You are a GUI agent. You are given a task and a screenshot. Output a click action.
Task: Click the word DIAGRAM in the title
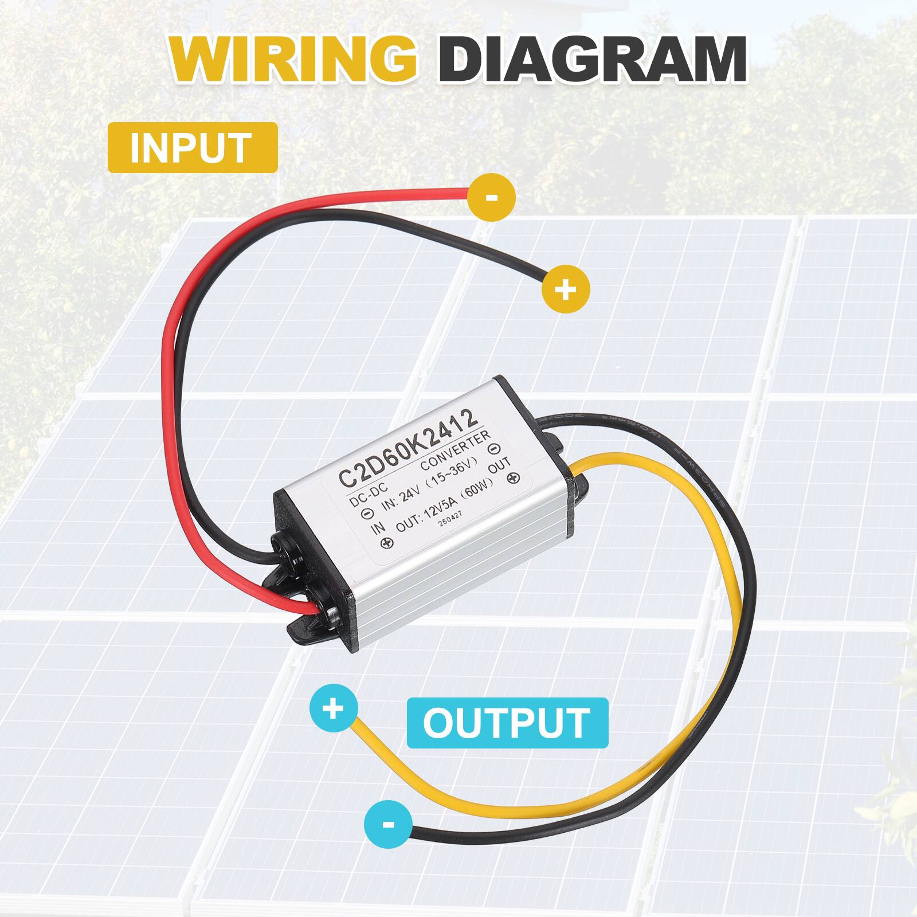(x=596, y=60)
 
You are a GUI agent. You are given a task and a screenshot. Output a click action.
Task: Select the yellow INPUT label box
(x=193, y=148)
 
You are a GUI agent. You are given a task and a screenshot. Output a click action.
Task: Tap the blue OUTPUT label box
(x=507, y=723)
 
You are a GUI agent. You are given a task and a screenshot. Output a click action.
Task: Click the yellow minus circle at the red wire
(x=491, y=197)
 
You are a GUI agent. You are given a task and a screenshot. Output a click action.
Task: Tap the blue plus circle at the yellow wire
(x=333, y=709)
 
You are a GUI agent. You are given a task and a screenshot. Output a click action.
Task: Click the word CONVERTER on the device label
(x=456, y=453)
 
